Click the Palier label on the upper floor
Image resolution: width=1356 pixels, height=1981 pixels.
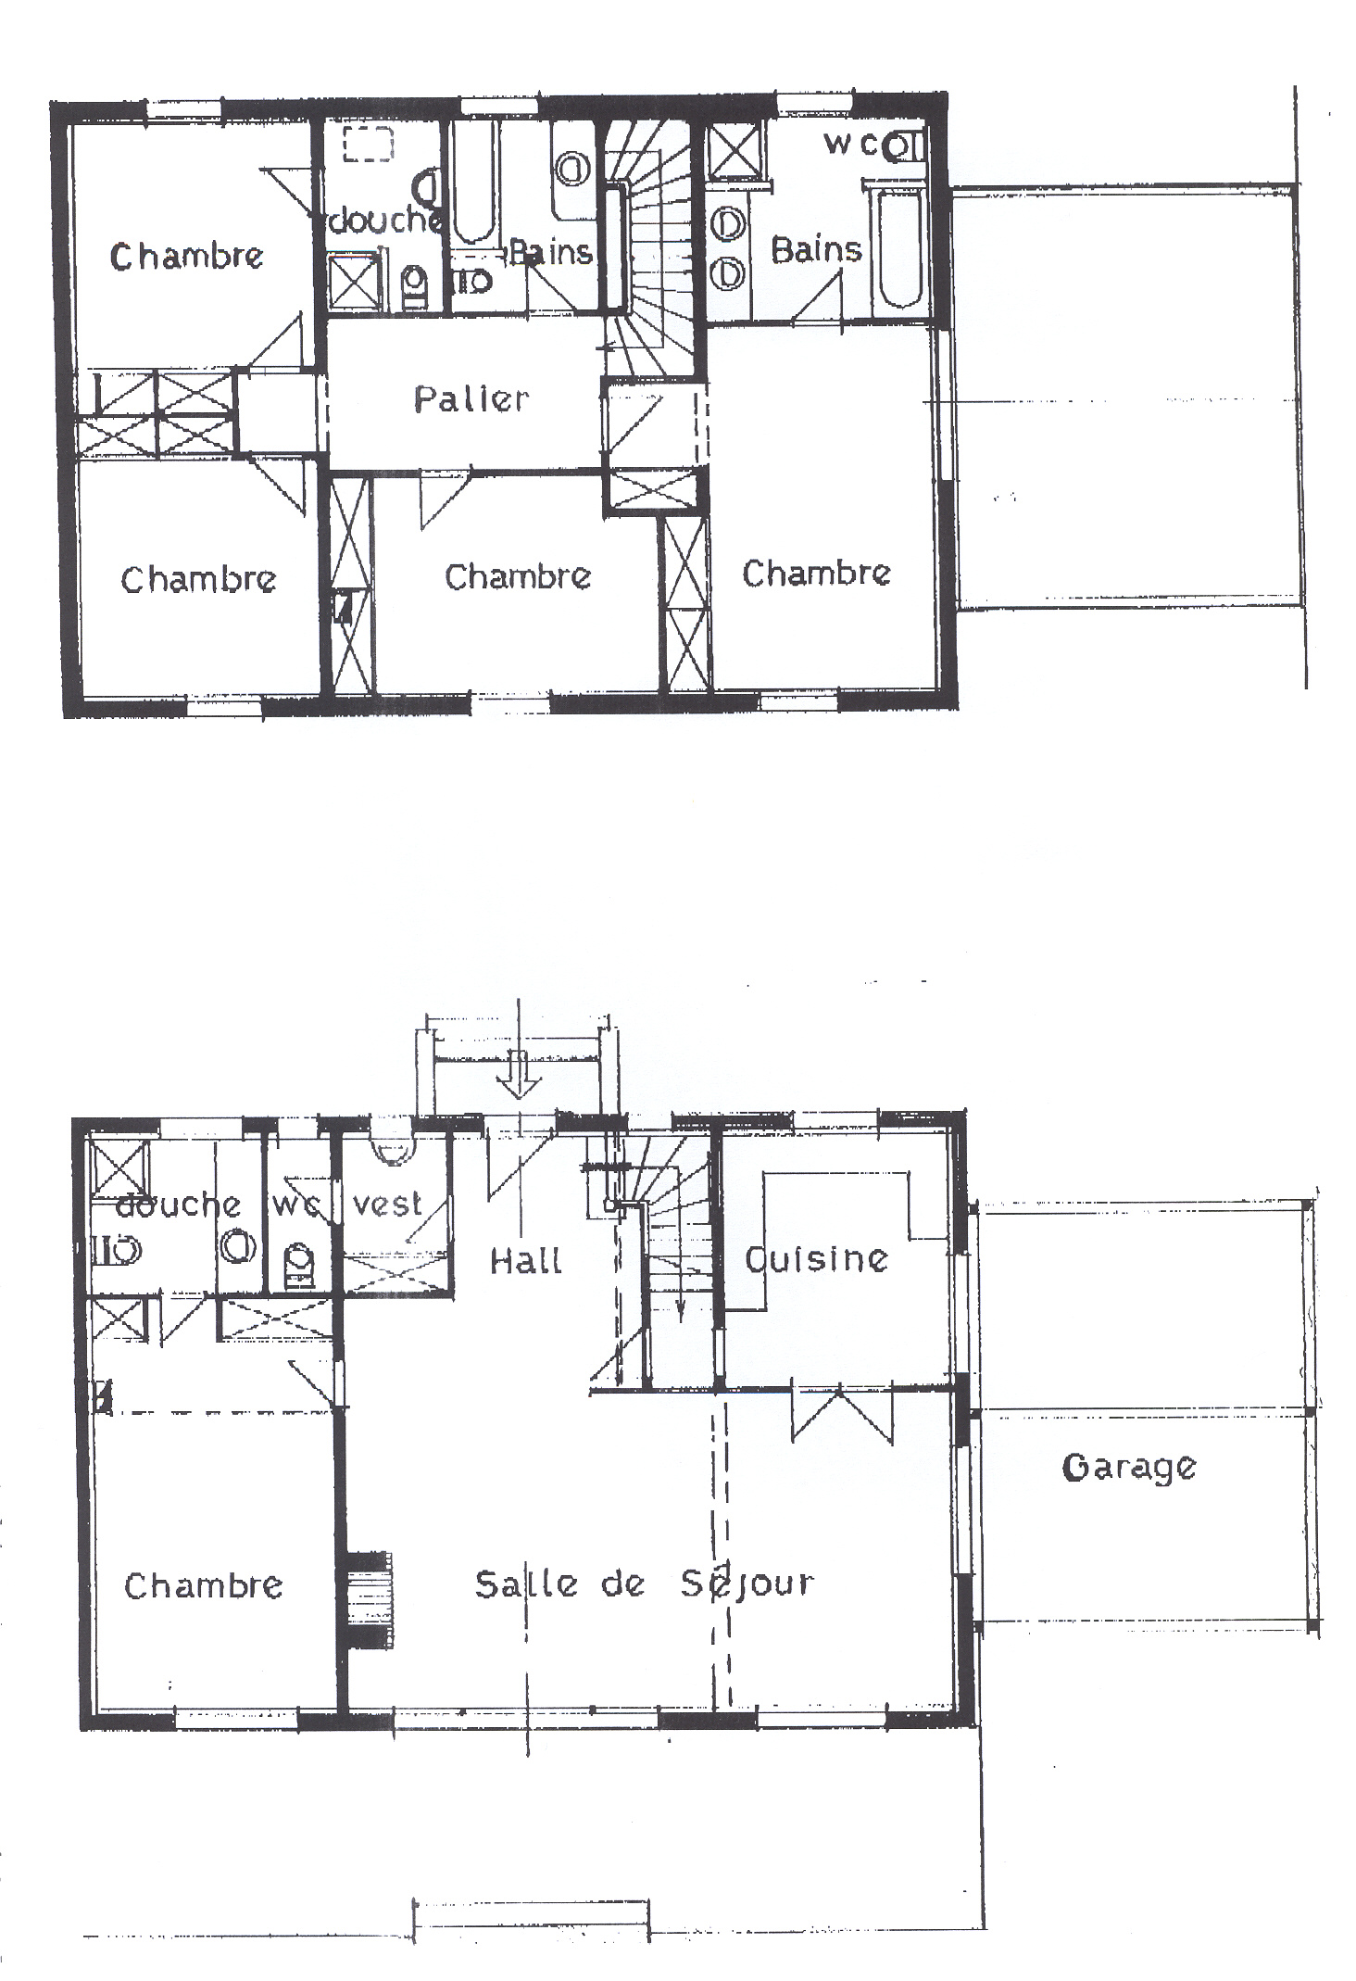471,399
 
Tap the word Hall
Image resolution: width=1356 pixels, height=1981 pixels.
525,1260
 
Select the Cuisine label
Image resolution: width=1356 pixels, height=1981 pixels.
817,1258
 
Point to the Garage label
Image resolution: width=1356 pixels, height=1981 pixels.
1129,1468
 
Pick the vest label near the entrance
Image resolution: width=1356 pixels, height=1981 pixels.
387,1204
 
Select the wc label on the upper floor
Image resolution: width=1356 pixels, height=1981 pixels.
850,144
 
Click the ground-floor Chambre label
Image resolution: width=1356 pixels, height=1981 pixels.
203,1584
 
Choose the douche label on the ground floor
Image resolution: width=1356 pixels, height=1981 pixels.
178,1204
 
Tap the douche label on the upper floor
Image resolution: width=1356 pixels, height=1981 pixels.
384,220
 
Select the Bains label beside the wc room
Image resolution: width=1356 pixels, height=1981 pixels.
816,249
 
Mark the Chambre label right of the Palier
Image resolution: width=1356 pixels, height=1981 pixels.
816,573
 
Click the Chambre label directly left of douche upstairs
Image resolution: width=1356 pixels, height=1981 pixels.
186,256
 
